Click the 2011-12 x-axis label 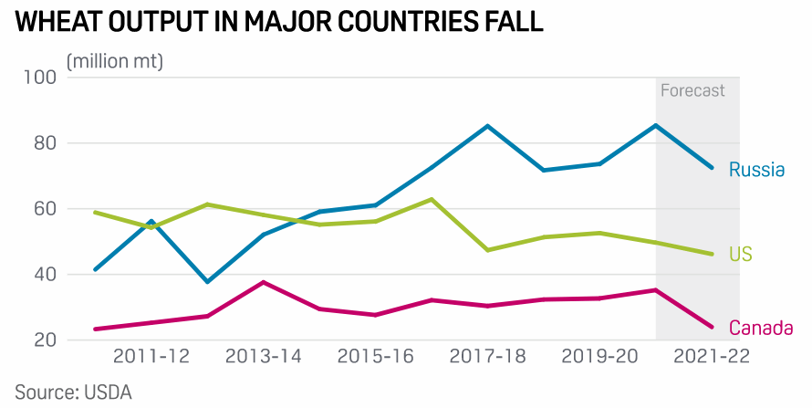tap(151, 356)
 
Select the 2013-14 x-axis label tap(264, 356)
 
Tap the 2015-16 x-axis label tap(376, 356)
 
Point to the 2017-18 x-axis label tap(488, 356)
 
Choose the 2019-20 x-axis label tap(600, 356)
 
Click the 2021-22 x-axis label tap(711, 356)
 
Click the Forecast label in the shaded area tap(692, 90)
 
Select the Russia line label tap(757, 169)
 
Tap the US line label tap(740, 254)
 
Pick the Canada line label tap(760, 328)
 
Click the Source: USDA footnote tap(74, 392)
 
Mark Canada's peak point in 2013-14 tap(264, 282)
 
